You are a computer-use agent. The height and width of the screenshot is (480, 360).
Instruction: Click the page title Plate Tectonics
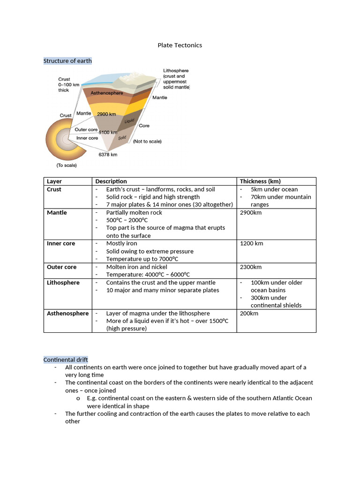tap(180, 45)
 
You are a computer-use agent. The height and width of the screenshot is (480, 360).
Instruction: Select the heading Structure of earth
tap(67, 61)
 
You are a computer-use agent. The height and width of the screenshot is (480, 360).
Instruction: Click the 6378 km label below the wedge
tap(107, 154)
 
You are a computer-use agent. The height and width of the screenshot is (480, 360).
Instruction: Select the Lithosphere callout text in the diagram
tap(176, 79)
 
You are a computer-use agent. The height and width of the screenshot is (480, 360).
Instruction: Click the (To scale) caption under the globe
tap(67, 165)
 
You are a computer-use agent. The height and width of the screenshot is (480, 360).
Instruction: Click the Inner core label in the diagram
tap(87, 138)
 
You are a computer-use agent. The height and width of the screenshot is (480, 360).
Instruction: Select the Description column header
tap(111, 181)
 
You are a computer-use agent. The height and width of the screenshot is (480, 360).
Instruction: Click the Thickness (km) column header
tap(260, 181)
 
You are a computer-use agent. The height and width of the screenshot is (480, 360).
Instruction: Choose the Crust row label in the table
tap(54, 189)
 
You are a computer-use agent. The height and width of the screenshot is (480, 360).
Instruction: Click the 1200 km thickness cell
tap(251, 244)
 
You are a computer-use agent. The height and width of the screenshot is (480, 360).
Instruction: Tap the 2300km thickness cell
tap(251, 267)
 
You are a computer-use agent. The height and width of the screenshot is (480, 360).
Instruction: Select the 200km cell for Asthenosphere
tap(249, 313)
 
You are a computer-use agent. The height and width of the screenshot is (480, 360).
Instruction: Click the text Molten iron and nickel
tap(136, 267)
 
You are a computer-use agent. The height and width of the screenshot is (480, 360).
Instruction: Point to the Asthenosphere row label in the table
tap(67, 313)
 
